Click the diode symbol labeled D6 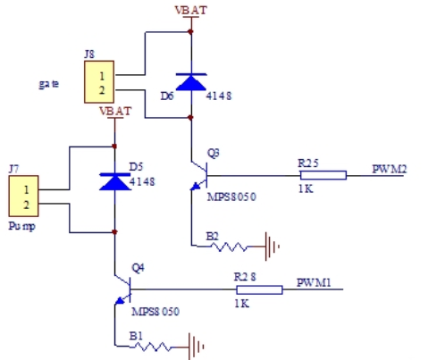[x=191, y=82]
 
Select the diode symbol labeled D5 [x=114, y=181]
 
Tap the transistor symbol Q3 [x=199, y=176]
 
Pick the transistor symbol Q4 [x=123, y=289]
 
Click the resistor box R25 [x=323, y=175]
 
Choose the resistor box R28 [x=259, y=289]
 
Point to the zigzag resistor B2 [x=229, y=247]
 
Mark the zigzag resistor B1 [x=153, y=347]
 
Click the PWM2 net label [x=390, y=169]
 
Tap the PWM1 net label [x=314, y=282]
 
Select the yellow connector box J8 [x=99, y=82]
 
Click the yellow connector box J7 [x=23, y=196]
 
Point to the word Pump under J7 [x=22, y=227]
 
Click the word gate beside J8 [x=49, y=84]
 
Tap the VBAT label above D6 [x=191, y=11]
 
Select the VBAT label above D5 [x=115, y=112]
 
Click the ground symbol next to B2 [x=272, y=247]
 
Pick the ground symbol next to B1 [x=196, y=347]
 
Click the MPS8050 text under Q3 [x=231, y=197]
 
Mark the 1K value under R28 [x=242, y=304]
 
